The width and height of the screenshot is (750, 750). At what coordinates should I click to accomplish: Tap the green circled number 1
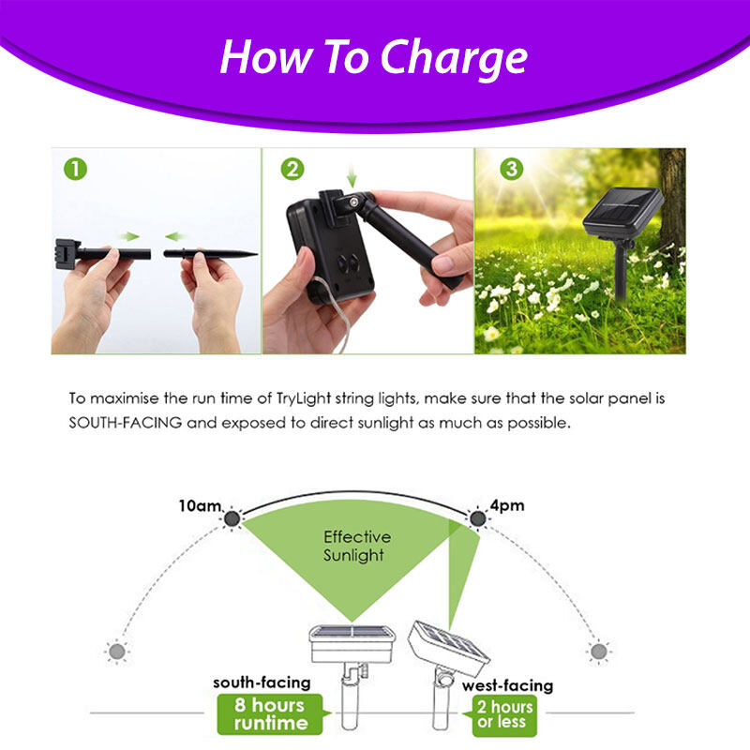(76, 170)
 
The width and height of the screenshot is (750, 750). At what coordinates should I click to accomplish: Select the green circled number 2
(292, 169)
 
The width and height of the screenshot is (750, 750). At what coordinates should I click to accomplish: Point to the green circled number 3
(511, 169)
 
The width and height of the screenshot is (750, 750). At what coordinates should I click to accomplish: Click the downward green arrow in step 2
(352, 177)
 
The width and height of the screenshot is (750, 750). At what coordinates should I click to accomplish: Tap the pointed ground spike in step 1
(210, 253)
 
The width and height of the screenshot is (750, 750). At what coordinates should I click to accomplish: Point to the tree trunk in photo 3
(672, 201)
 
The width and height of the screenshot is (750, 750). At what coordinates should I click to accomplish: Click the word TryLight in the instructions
(304, 398)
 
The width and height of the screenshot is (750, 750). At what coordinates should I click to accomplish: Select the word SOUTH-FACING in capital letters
(126, 423)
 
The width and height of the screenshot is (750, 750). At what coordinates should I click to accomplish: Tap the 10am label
(200, 505)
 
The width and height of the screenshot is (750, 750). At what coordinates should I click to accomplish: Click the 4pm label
(507, 505)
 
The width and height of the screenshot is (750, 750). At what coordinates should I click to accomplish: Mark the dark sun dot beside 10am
(232, 518)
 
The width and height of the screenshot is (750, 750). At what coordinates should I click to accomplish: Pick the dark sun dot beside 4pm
(477, 518)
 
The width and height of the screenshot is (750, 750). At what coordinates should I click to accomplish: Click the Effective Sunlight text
(357, 546)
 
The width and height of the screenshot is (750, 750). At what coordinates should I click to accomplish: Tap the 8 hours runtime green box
(270, 714)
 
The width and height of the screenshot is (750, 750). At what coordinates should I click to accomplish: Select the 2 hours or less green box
(504, 714)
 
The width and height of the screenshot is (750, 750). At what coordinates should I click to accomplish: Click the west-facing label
(507, 685)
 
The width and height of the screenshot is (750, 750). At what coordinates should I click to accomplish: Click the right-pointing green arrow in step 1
(129, 236)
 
